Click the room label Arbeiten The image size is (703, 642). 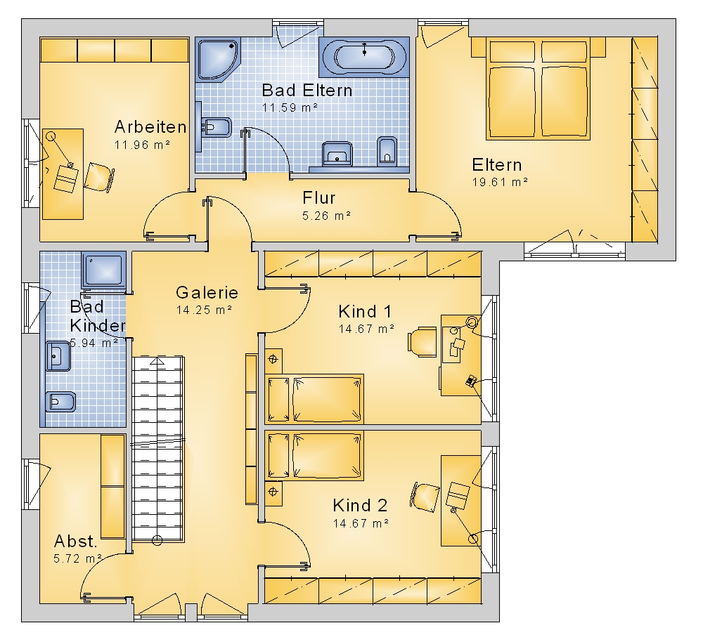click(150, 127)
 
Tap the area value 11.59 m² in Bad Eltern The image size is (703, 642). click(290, 107)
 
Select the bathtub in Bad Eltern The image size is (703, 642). click(364, 57)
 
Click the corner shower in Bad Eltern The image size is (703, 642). click(219, 60)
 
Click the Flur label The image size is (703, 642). click(318, 197)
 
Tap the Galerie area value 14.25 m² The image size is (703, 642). click(204, 310)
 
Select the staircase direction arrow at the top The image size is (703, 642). click(157, 360)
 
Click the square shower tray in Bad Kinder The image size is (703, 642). click(103, 270)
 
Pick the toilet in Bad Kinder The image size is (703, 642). click(60, 401)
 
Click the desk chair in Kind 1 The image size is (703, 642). click(422, 342)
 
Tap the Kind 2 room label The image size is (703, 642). click(360, 505)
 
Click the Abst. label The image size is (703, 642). click(75, 541)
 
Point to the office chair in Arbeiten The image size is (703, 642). click(99, 177)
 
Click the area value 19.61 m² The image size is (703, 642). click(500, 182)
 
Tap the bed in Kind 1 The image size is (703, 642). click(314, 399)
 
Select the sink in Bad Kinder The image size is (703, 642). click(58, 357)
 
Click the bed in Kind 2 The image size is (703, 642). click(314, 456)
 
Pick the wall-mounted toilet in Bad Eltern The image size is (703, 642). click(387, 151)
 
